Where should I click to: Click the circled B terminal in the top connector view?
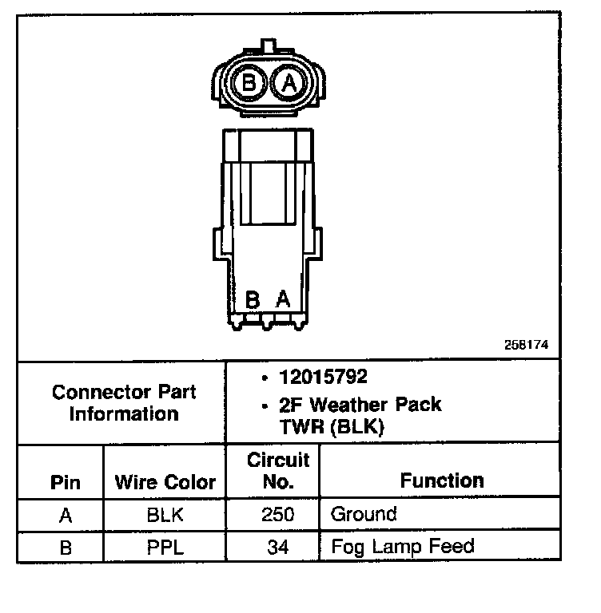(249, 82)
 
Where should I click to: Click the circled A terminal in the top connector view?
(289, 82)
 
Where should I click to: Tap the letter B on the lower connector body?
(253, 300)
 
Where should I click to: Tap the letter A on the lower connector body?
(283, 300)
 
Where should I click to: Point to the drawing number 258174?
(526, 346)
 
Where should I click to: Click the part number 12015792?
(323, 378)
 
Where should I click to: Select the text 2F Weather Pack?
(360, 405)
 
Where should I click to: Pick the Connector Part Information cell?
(124, 403)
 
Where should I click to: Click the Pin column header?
(66, 483)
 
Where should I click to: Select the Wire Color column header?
(165, 483)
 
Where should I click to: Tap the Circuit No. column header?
(278, 471)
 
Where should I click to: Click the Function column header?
(442, 481)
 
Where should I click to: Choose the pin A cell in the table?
(66, 515)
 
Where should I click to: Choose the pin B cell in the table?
(66, 548)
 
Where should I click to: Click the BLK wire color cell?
(165, 515)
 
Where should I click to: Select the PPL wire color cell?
(165, 548)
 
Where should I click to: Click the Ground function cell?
(364, 514)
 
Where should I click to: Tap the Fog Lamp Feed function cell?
(402, 547)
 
